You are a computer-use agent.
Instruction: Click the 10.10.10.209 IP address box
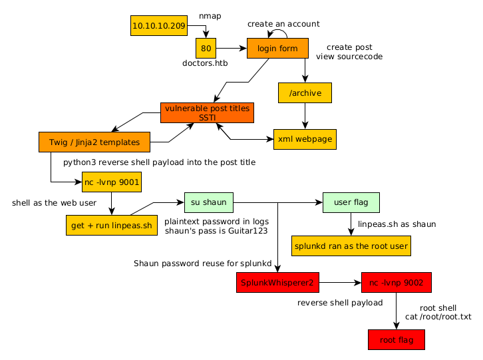(159, 26)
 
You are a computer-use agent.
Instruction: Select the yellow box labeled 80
(206, 48)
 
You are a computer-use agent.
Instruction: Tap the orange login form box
(277, 48)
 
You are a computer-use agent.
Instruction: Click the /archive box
(305, 93)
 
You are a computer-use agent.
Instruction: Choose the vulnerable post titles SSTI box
(208, 112)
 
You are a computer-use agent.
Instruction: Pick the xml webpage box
(305, 139)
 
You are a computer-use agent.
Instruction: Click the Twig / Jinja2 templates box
(94, 142)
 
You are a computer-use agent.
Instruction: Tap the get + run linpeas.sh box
(112, 225)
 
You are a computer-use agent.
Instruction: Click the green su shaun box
(208, 202)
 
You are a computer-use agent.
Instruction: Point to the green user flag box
(351, 202)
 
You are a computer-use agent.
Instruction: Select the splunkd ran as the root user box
(351, 246)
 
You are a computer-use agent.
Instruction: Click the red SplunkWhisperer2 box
(277, 283)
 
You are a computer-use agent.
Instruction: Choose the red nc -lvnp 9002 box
(397, 283)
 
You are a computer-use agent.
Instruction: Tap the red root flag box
(396, 340)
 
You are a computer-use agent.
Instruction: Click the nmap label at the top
(210, 15)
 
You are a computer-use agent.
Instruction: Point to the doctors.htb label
(205, 63)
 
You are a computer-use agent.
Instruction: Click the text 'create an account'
(283, 24)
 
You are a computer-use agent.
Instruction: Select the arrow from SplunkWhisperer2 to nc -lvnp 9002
(340, 283)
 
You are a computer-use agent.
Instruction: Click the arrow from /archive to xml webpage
(305, 116)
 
